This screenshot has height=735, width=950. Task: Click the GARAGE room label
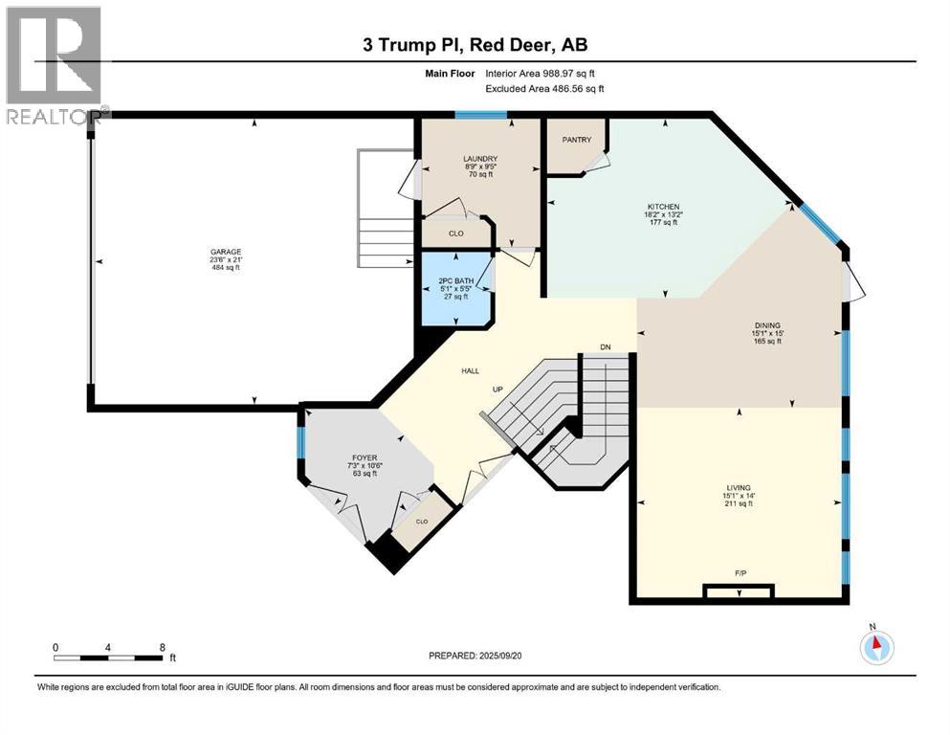point(226,252)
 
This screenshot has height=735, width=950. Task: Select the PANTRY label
point(576,140)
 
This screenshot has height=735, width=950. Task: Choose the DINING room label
point(767,325)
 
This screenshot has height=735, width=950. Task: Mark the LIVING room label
point(738,487)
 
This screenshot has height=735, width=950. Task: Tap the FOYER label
point(362,457)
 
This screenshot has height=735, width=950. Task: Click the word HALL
point(470,370)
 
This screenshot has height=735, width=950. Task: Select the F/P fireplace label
point(740,573)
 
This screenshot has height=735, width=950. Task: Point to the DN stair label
point(605,346)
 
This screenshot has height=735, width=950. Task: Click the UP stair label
point(497,390)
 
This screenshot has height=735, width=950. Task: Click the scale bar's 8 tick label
point(162,647)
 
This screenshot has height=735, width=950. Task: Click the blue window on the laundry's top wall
point(480,115)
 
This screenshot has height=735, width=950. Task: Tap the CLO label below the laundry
point(456,233)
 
